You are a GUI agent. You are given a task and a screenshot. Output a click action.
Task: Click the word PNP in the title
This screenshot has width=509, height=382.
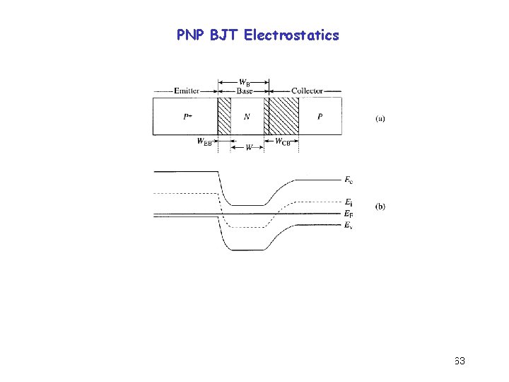(x=190, y=35)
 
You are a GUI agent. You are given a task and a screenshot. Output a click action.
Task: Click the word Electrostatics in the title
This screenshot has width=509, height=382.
(x=291, y=35)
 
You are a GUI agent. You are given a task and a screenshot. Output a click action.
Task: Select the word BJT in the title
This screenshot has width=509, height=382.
(x=224, y=35)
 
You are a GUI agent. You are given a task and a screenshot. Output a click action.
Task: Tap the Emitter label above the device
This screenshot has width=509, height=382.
(x=186, y=91)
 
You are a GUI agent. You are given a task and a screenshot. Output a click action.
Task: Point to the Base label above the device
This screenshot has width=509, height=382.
(x=245, y=91)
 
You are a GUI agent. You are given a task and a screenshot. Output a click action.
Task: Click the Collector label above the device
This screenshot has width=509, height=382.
(x=307, y=91)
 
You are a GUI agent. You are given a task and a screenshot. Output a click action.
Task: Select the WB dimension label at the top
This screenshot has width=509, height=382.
(x=245, y=82)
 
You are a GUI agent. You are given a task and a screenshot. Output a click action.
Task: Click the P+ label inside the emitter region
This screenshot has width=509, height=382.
(x=188, y=117)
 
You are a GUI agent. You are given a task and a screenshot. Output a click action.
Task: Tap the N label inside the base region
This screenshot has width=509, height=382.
(x=246, y=117)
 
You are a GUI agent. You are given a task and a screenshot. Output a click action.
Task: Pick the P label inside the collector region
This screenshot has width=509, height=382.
(x=320, y=117)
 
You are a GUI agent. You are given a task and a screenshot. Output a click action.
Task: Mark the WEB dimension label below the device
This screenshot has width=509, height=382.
(x=205, y=141)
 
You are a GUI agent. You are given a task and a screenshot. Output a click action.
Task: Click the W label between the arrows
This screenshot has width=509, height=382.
(x=248, y=148)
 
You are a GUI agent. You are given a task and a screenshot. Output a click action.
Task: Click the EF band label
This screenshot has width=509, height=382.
(x=349, y=214)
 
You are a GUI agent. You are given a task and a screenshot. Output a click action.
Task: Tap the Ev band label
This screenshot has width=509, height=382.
(x=349, y=225)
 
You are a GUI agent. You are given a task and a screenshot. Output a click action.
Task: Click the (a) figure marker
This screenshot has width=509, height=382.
(x=380, y=118)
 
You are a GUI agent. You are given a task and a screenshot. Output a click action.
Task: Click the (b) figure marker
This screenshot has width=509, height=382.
(x=380, y=207)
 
